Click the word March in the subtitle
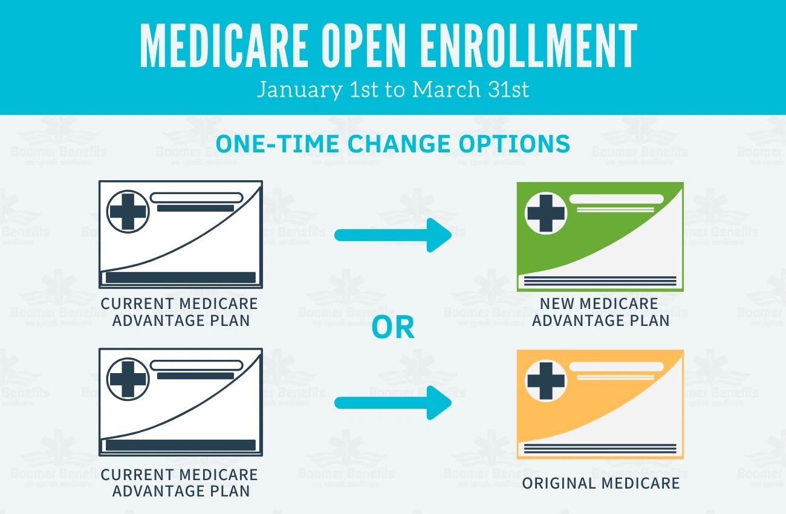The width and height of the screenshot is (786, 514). [x=444, y=90]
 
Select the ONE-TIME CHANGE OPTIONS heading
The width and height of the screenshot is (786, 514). [x=393, y=144]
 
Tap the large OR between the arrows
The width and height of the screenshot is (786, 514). [x=393, y=327]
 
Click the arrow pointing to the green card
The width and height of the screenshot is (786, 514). [x=393, y=235]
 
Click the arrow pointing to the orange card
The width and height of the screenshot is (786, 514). [x=393, y=402]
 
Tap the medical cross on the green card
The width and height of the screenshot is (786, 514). [x=546, y=213]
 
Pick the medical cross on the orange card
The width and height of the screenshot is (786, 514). [x=546, y=381]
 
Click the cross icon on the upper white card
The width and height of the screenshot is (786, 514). [x=128, y=212]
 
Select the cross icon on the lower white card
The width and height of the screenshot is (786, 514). [x=128, y=380]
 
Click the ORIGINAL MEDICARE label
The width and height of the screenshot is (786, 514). [x=600, y=483]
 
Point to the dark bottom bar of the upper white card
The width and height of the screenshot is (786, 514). [x=181, y=278]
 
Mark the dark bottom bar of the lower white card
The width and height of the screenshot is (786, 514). [x=181, y=445]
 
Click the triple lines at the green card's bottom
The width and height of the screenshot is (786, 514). [x=600, y=281]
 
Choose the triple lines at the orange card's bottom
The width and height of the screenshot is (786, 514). [x=600, y=449]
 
